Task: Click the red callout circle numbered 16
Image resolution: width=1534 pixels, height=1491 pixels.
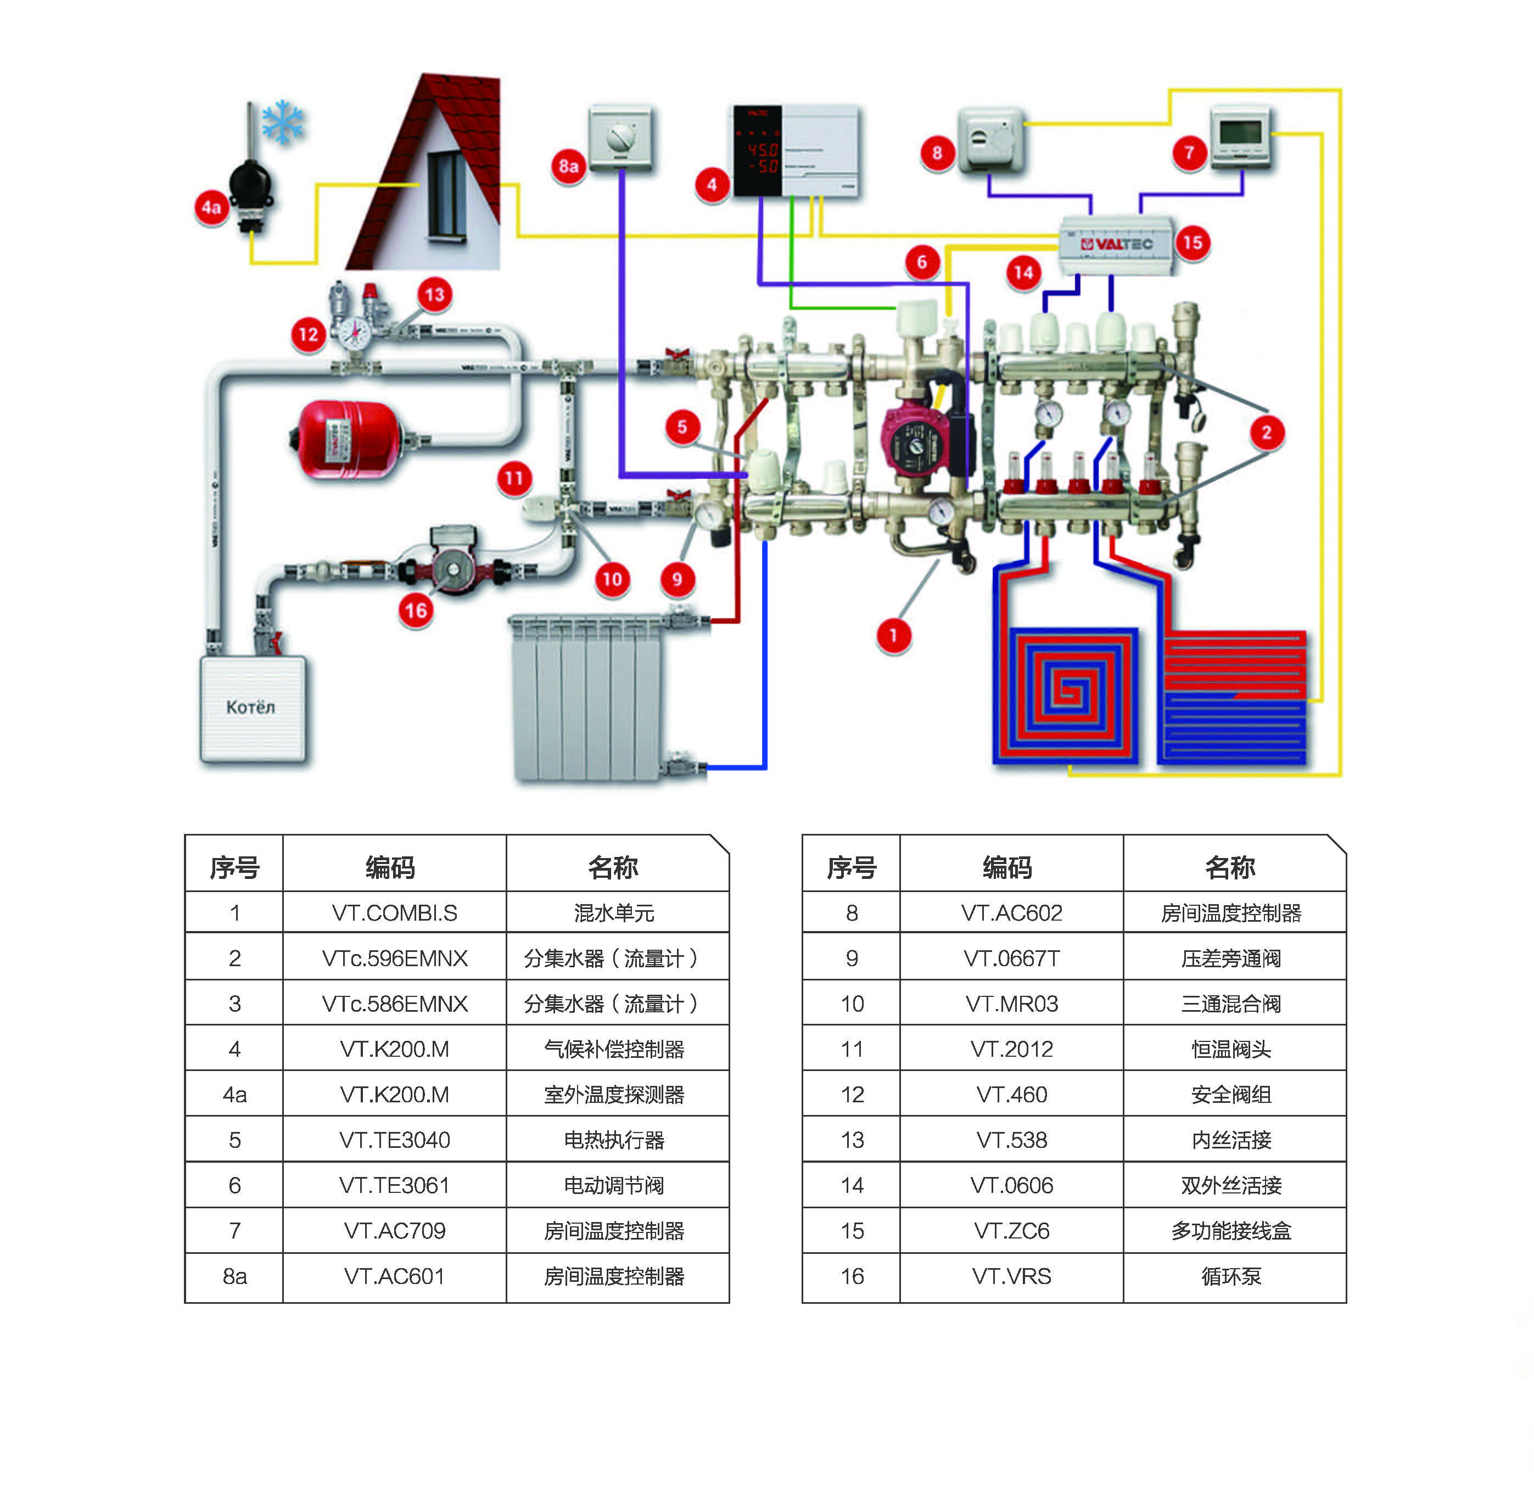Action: [x=416, y=611]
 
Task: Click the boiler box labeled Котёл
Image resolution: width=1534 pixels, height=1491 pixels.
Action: [x=252, y=708]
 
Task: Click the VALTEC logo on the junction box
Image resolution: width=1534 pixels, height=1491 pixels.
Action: [x=1117, y=244]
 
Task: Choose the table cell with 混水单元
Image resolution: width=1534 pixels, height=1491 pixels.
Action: [x=614, y=913]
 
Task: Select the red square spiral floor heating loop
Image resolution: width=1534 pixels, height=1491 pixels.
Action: [x=1066, y=692]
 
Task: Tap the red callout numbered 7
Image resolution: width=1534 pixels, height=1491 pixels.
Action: [x=1189, y=152]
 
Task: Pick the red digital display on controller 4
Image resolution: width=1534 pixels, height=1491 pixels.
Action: [x=761, y=156]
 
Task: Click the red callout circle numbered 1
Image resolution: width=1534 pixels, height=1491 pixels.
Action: [x=893, y=636]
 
